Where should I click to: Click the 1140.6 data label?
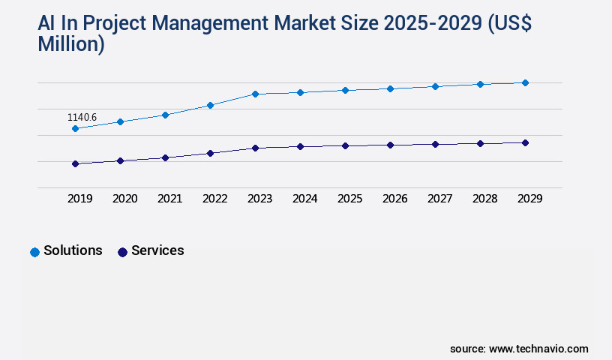[82, 118]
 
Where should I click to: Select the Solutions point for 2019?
[75, 129]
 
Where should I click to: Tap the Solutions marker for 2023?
[255, 94]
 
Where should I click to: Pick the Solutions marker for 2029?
[525, 82]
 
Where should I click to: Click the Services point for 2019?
[75, 163]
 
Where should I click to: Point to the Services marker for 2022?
[210, 153]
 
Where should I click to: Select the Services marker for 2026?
[390, 145]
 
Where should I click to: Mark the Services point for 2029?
[525, 142]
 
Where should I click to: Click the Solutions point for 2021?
[165, 115]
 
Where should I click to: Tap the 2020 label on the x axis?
[124, 199]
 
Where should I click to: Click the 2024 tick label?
[304, 199]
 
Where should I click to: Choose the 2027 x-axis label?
[439, 199]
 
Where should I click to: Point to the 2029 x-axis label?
[529, 199]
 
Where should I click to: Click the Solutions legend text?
[73, 250]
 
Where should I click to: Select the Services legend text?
[157, 250]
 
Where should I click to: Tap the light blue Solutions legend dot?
[34, 252]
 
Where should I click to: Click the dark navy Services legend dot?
[122, 252]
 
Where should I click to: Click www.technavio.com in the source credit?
[538, 349]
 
